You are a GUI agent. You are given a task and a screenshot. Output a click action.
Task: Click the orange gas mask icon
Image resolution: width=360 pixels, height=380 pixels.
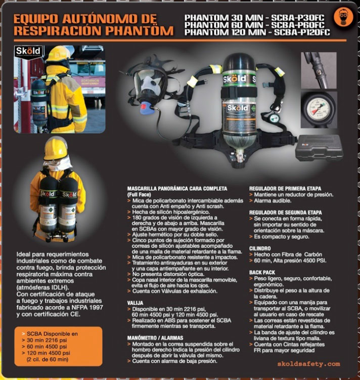[343, 17]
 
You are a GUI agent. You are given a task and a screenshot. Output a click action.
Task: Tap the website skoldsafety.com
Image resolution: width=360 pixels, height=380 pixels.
[308, 364]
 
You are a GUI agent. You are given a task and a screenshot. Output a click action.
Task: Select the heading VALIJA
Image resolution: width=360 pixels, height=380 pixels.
[135, 303]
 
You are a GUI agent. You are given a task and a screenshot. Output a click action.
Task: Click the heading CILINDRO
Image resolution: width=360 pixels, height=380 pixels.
[260, 248]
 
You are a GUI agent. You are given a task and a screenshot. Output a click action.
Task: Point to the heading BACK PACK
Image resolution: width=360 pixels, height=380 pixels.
[262, 272]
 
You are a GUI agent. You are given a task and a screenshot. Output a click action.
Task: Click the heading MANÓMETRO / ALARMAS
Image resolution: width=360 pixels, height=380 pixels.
[155, 338]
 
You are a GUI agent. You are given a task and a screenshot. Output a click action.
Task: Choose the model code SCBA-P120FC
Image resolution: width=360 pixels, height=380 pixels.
[302, 32]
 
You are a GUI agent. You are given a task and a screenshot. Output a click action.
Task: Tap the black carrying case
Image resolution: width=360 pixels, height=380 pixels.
[319, 149]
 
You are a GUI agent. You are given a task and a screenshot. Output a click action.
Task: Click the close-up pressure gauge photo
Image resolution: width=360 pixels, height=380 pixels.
[319, 110]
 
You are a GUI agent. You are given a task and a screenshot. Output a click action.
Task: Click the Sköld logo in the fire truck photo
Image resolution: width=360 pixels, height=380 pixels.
[28, 51]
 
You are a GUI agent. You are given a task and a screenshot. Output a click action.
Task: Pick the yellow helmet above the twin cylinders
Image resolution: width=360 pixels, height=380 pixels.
[56, 149]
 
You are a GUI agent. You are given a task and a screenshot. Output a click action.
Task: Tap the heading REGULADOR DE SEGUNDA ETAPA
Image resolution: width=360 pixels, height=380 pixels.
[286, 213]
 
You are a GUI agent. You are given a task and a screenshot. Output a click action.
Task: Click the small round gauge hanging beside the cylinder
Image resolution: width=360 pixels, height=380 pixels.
[274, 118]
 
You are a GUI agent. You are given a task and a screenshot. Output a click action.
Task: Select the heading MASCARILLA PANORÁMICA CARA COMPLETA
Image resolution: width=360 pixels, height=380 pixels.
[177, 189]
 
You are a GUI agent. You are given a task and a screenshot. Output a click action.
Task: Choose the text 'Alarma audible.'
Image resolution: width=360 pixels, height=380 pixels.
[273, 201]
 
